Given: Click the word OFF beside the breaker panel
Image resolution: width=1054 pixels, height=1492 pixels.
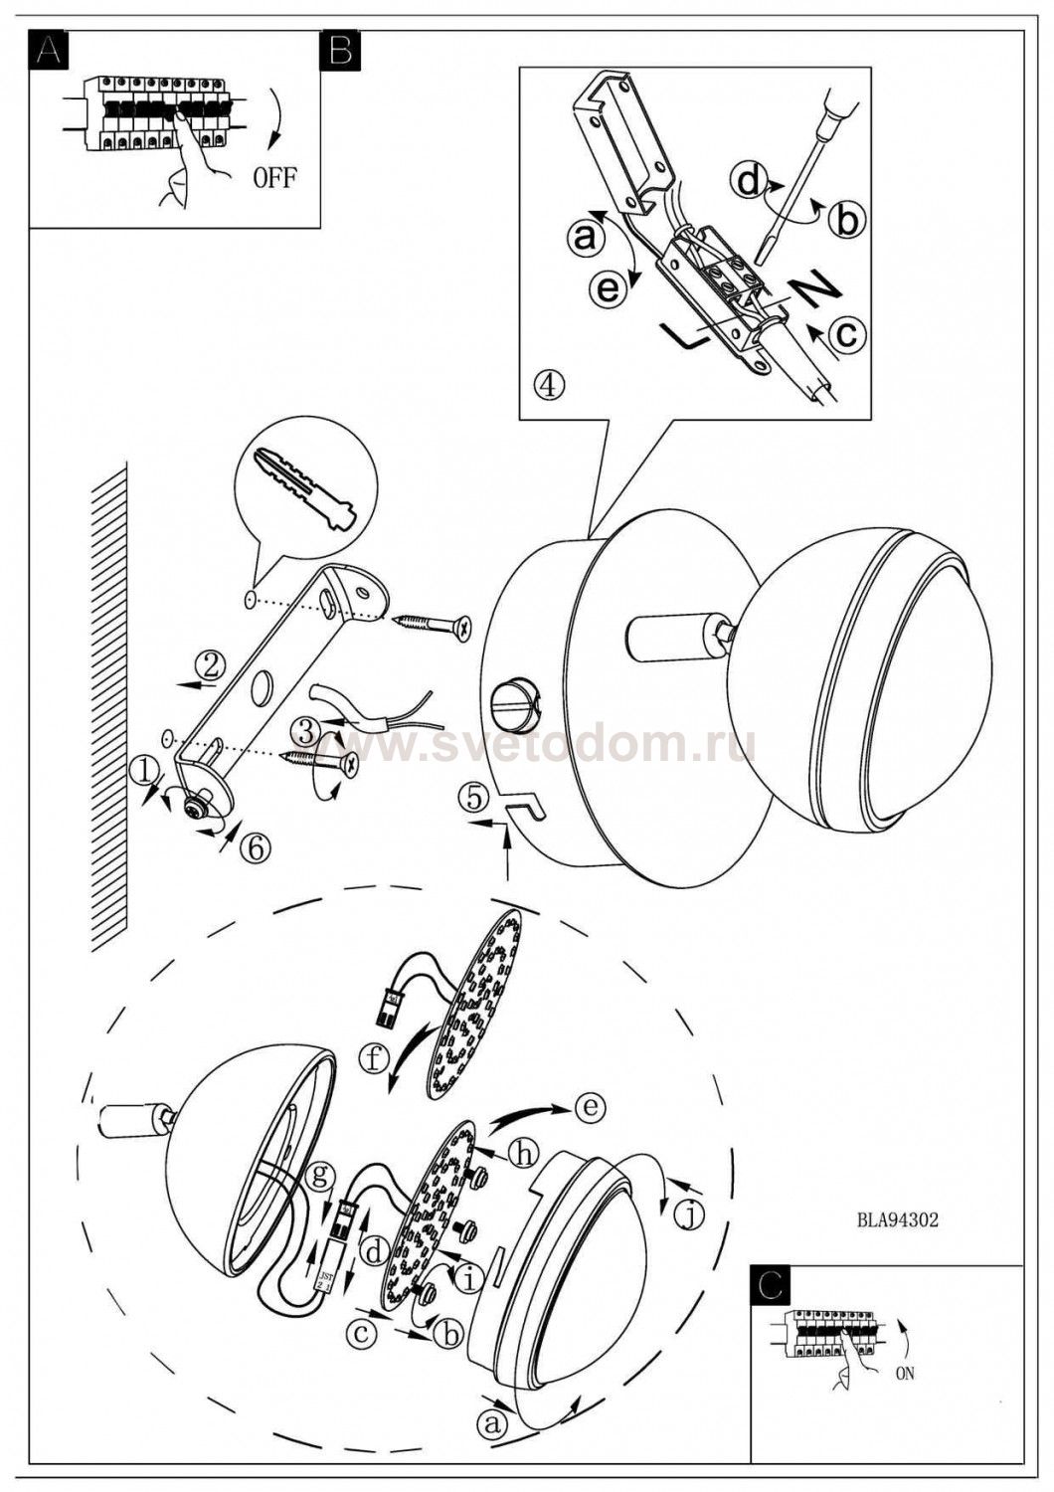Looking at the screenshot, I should pos(273,178).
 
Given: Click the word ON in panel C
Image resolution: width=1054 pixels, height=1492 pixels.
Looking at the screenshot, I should pos(904,1374).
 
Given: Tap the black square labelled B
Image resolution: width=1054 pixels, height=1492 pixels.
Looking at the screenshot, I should pos(340,49).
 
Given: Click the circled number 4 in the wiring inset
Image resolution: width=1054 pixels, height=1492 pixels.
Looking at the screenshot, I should pos(548,383).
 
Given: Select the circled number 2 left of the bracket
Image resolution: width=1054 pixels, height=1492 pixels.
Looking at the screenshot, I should pos(209,660).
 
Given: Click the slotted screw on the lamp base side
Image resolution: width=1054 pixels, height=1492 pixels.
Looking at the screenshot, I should pos(515,697).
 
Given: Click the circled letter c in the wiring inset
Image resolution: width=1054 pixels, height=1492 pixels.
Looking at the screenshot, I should pos(846,333).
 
